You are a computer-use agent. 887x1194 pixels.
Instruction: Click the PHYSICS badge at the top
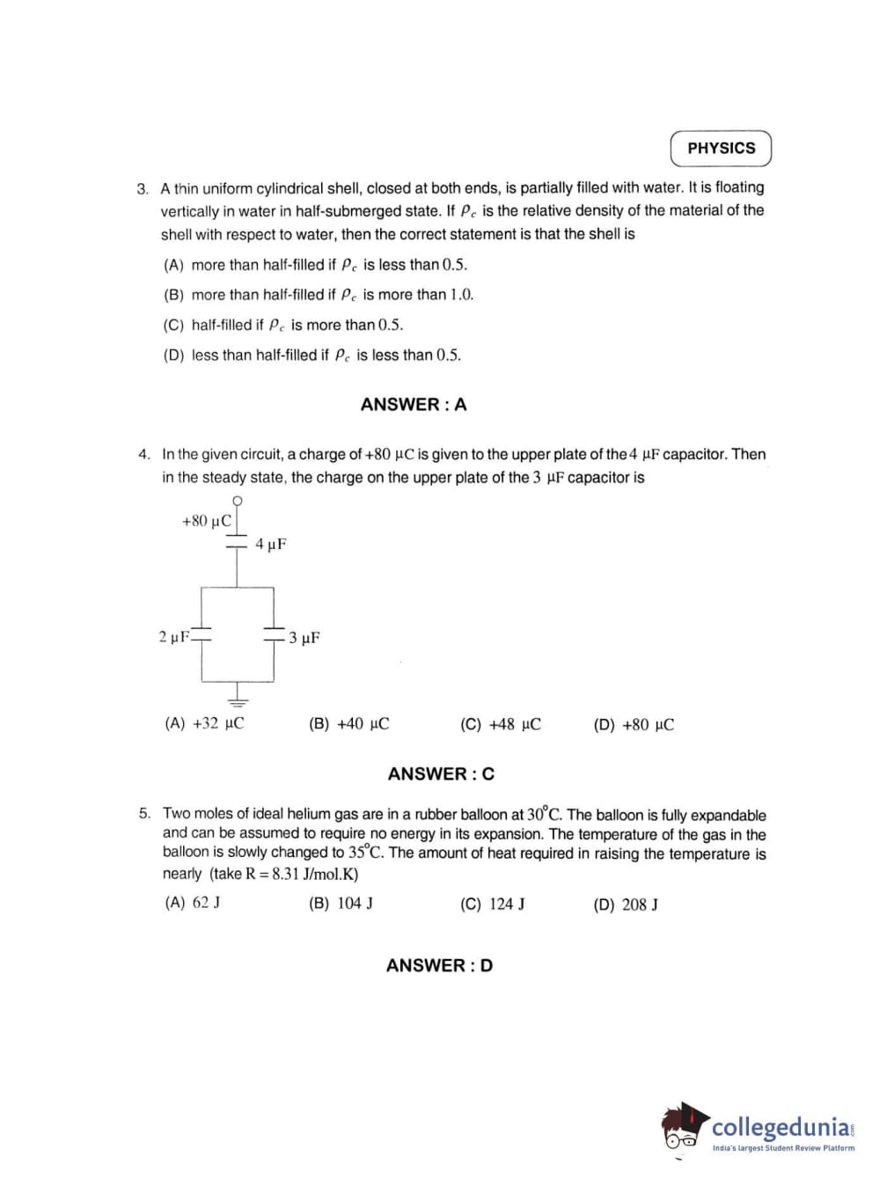721,149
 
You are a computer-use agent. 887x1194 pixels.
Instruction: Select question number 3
143,189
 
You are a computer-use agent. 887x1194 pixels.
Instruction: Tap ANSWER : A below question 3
414,405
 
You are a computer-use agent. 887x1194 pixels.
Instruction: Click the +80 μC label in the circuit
206,521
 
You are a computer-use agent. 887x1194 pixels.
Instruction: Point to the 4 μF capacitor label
271,545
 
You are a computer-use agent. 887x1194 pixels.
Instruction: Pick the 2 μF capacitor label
173,636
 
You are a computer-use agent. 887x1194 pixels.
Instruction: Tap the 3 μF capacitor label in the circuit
304,638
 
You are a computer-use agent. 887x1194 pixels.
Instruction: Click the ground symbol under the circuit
237,700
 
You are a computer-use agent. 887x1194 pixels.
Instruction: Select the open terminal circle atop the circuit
237,501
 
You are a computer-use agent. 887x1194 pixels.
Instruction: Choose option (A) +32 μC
204,723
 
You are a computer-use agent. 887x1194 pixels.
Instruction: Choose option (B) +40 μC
348,724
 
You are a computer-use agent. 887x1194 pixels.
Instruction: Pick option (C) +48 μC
500,725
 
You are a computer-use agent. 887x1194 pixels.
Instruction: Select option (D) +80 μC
634,725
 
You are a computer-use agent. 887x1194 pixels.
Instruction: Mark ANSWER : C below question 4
441,774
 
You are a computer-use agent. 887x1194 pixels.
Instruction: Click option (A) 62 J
193,903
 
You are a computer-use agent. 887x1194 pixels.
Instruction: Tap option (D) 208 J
626,905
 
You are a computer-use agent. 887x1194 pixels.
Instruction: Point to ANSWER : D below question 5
439,965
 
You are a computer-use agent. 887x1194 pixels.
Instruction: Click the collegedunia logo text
781,1127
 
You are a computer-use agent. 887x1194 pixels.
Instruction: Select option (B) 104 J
341,904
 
